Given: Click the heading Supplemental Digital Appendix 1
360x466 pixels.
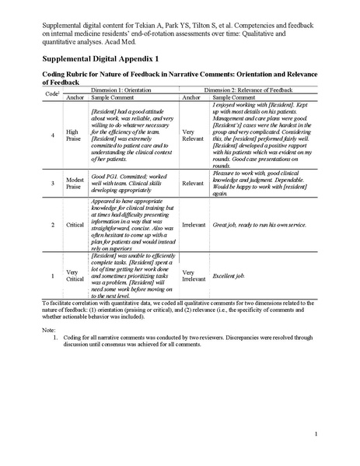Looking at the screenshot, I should point(101,58).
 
